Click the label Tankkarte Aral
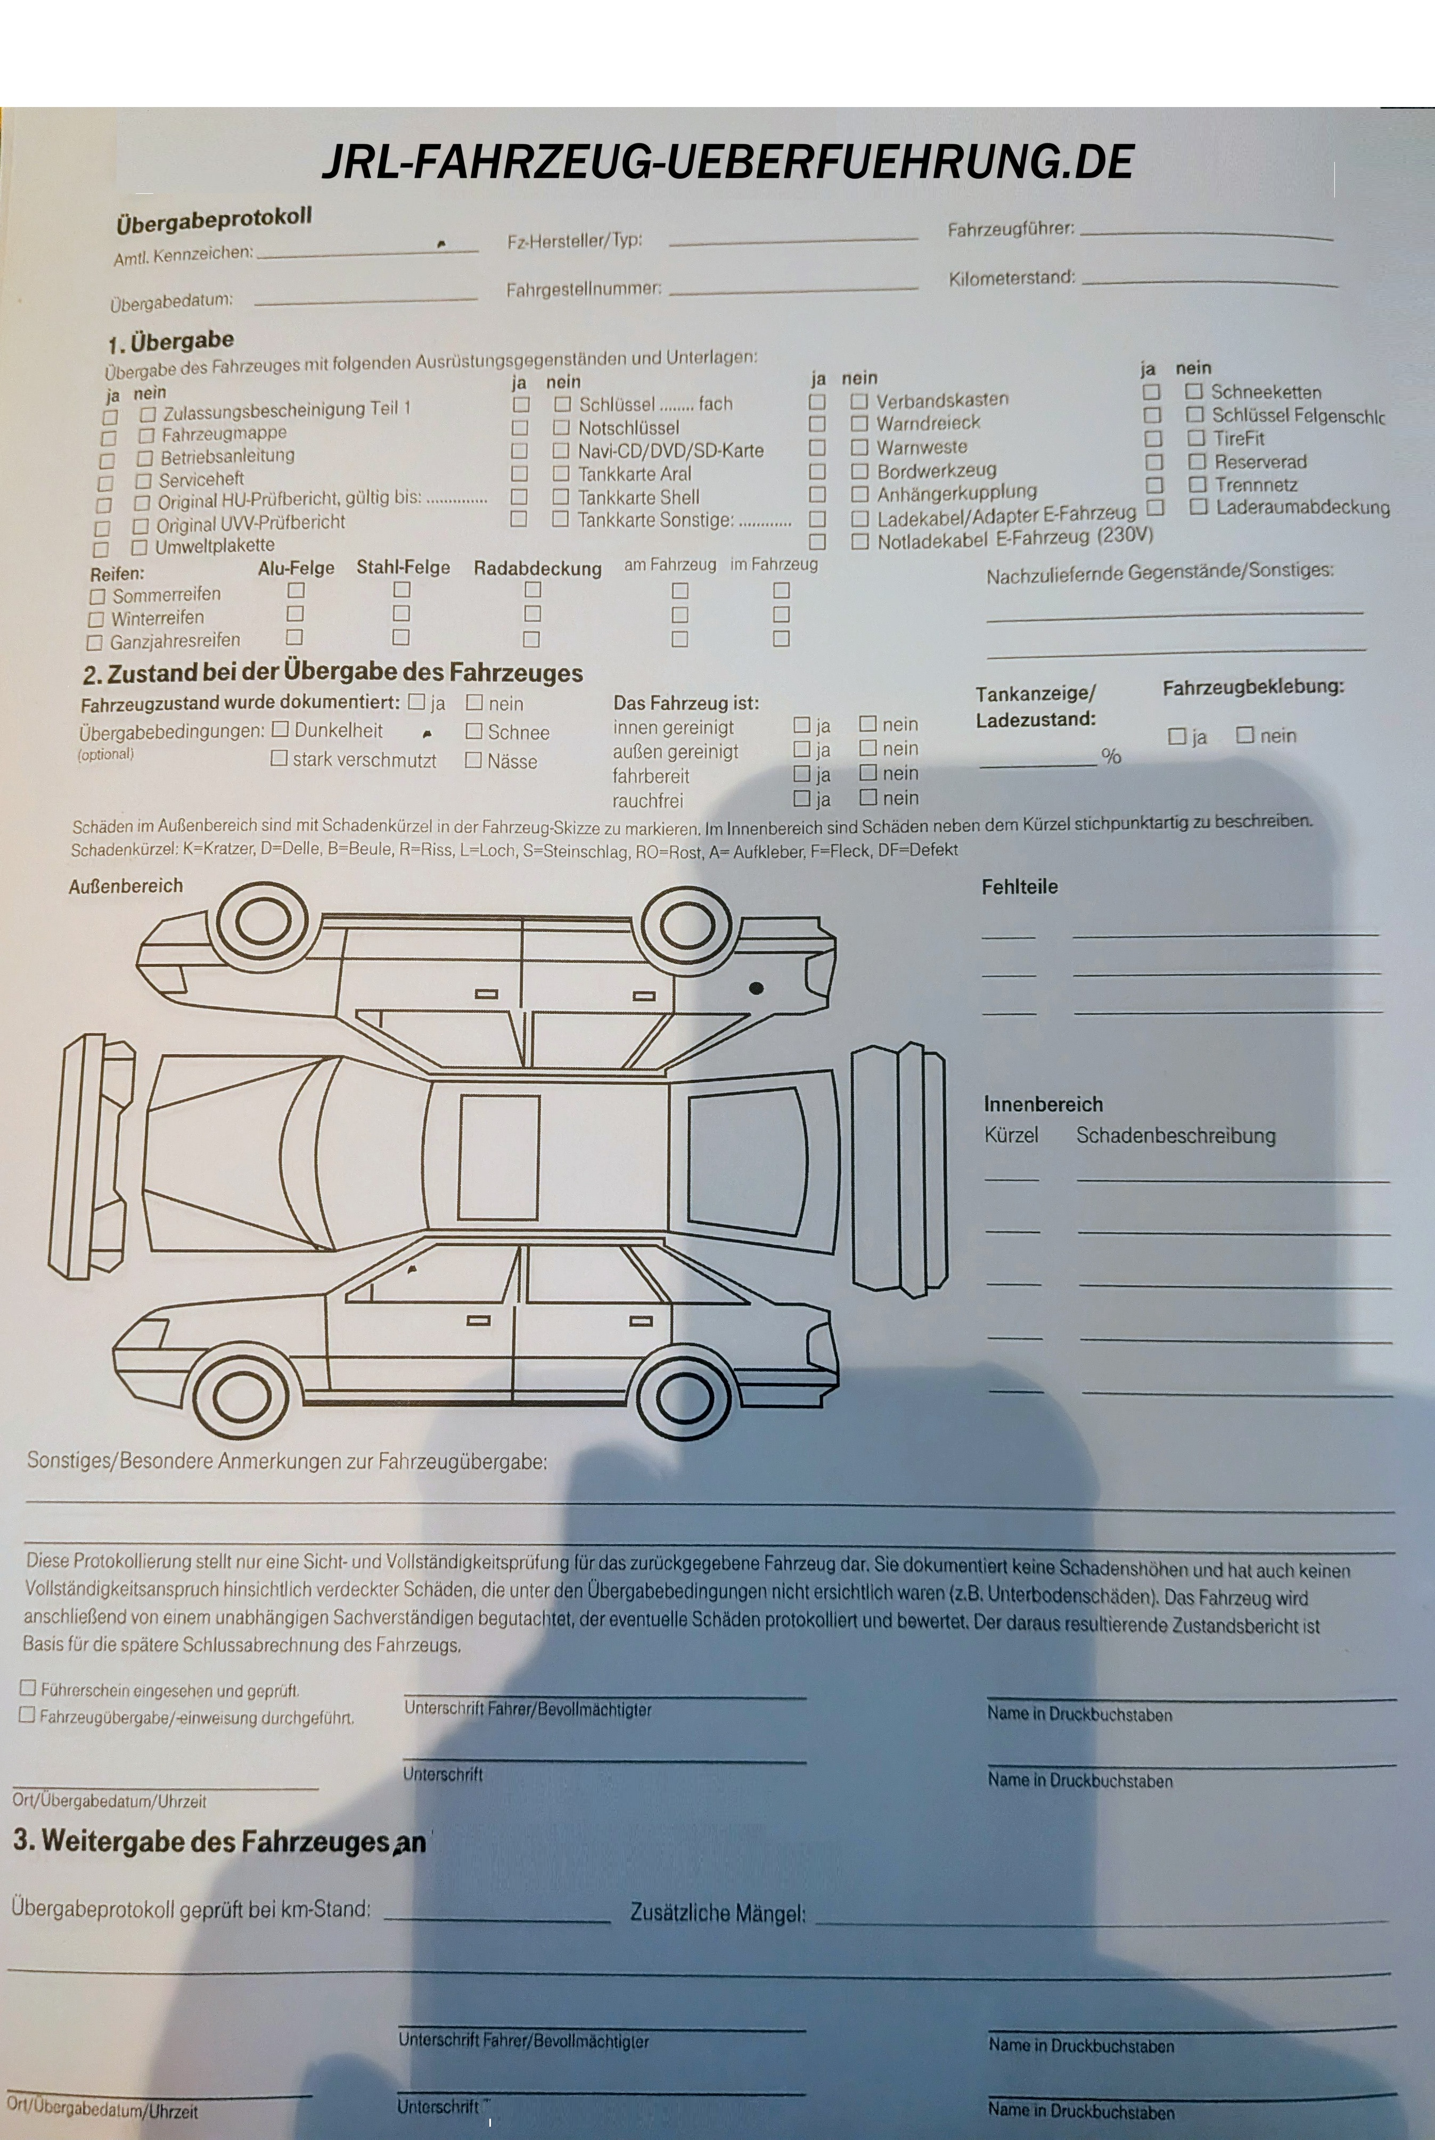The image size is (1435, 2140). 634,474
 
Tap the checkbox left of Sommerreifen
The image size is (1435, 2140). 97,596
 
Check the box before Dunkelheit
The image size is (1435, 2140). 280,729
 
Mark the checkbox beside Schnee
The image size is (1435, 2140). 473,731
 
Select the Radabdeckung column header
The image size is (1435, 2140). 537,568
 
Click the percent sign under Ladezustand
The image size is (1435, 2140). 1111,756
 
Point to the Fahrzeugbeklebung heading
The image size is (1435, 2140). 1253,686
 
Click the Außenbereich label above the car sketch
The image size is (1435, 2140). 125,885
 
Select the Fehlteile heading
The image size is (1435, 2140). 1020,887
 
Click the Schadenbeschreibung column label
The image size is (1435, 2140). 1175,1135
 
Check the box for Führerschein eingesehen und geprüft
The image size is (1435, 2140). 28,1687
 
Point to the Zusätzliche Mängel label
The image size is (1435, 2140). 718,1912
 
